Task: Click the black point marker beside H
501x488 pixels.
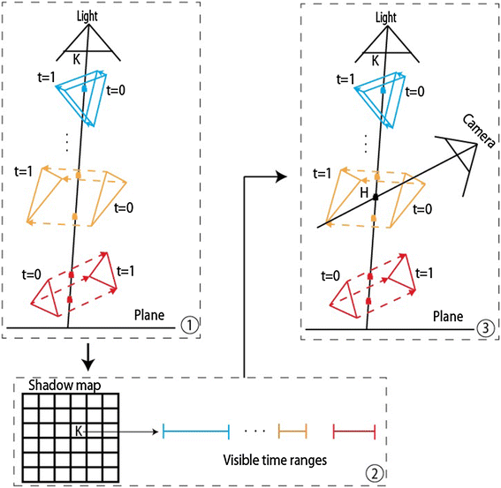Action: [375, 194]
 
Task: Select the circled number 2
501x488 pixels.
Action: [375, 473]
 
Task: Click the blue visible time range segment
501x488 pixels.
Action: [196, 431]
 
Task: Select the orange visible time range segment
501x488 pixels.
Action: [292, 431]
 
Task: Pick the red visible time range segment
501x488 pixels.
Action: [354, 431]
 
